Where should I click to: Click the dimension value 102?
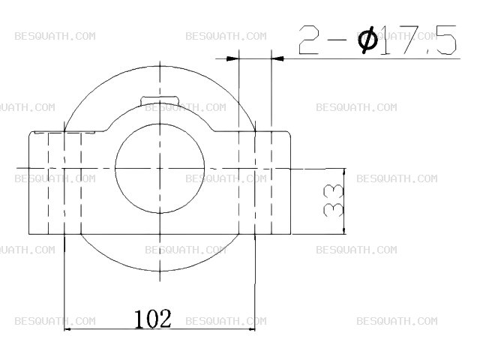click(x=153, y=319)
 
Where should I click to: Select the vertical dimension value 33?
click(x=333, y=200)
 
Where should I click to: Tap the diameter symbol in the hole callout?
click(x=367, y=40)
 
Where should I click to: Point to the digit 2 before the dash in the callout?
click(x=309, y=40)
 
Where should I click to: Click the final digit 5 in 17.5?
click(x=446, y=40)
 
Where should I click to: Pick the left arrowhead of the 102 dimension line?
click(x=67, y=329)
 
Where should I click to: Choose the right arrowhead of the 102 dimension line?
click(x=252, y=329)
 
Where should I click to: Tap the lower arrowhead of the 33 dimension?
click(x=344, y=230)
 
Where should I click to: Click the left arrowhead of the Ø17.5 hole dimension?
click(x=232, y=58)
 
